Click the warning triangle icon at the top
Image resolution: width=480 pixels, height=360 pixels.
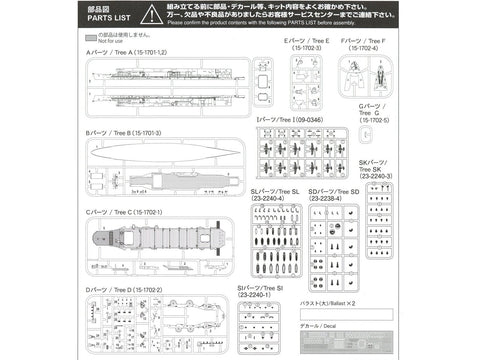tap(148, 14)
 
